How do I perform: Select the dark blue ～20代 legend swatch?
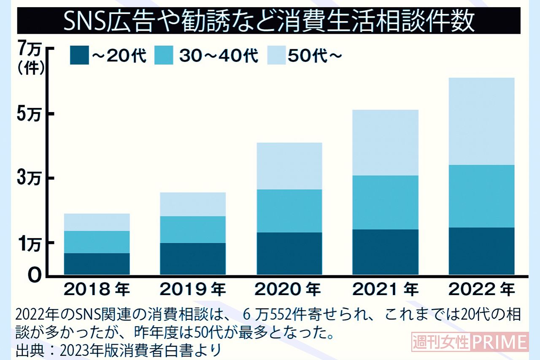coord(79,56)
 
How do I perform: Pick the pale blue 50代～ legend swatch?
coord(278,56)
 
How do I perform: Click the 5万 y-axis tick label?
coord(29,115)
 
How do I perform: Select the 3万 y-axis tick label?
coord(29,179)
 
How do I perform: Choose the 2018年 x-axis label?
coord(97,290)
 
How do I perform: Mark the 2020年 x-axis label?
coord(289,290)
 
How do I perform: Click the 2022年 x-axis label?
coord(481,290)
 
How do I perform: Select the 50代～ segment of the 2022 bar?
coord(481,121)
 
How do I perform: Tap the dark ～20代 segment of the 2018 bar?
coord(97,264)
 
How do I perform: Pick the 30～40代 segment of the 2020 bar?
coord(289,211)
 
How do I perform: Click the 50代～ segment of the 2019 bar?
coord(193,204)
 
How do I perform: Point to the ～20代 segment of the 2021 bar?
coord(385,252)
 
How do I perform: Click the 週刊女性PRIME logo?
coord(470,342)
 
